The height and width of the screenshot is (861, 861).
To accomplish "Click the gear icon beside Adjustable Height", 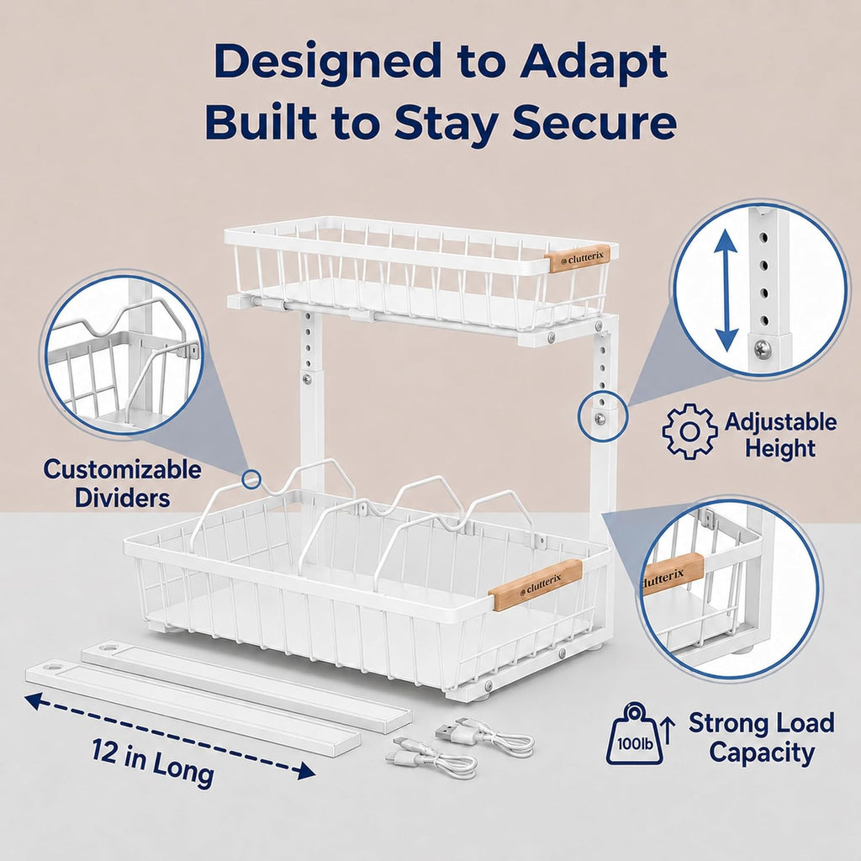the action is click(x=689, y=431).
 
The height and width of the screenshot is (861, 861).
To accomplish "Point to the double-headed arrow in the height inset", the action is click(x=726, y=289).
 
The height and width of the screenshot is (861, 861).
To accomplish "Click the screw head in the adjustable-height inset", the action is click(x=761, y=348).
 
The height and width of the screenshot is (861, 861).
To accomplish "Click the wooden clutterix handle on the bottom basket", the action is click(x=535, y=584).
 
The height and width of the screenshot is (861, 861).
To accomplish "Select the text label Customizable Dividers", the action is click(x=123, y=483).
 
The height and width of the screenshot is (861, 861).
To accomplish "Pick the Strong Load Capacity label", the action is click(x=762, y=737).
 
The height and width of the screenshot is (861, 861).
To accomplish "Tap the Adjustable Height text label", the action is click(x=780, y=435).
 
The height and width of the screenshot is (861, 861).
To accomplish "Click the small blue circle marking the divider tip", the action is click(x=251, y=479).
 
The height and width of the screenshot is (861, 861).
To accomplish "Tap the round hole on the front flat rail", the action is click(x=52, y=668).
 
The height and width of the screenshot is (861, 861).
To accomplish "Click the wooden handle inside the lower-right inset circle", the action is click(x=672, y=575).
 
